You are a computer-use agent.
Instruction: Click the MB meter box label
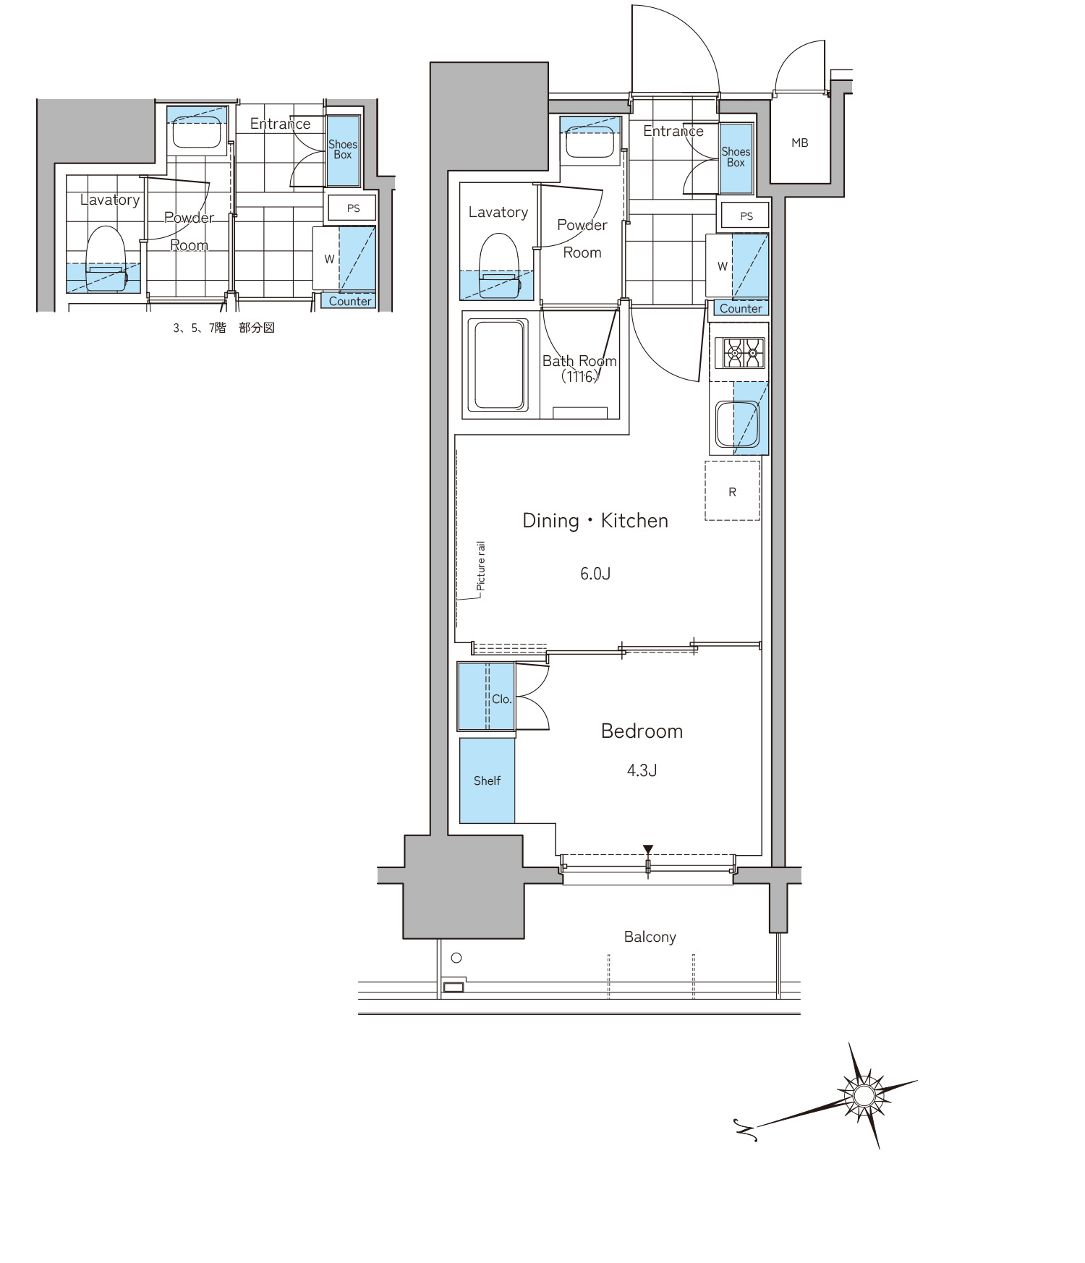[799, 143]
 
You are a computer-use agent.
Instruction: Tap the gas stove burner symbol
[744, 354]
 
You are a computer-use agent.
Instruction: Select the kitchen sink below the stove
[737, 424]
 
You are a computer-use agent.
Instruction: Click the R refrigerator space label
[732, 492]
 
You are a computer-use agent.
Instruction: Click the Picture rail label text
[481, 566]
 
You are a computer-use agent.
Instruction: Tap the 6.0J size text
[595, 574]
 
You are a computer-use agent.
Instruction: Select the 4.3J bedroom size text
[642, 770]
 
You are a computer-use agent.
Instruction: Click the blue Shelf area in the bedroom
[487, 781]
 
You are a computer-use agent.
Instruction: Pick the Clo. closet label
[502, 699]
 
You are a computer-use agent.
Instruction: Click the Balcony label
[650, 937]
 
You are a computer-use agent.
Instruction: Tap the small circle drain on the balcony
[456, 958]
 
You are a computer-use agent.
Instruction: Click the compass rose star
[864, 1096]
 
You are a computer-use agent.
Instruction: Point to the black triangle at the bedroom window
[648, 850]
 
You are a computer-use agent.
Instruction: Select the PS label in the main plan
[746, 216]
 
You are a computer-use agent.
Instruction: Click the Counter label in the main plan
[741, 308]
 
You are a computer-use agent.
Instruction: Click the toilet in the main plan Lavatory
[499, 263]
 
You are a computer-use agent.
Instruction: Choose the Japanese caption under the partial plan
[224, 328]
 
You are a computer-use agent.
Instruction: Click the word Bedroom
[642, 731]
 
